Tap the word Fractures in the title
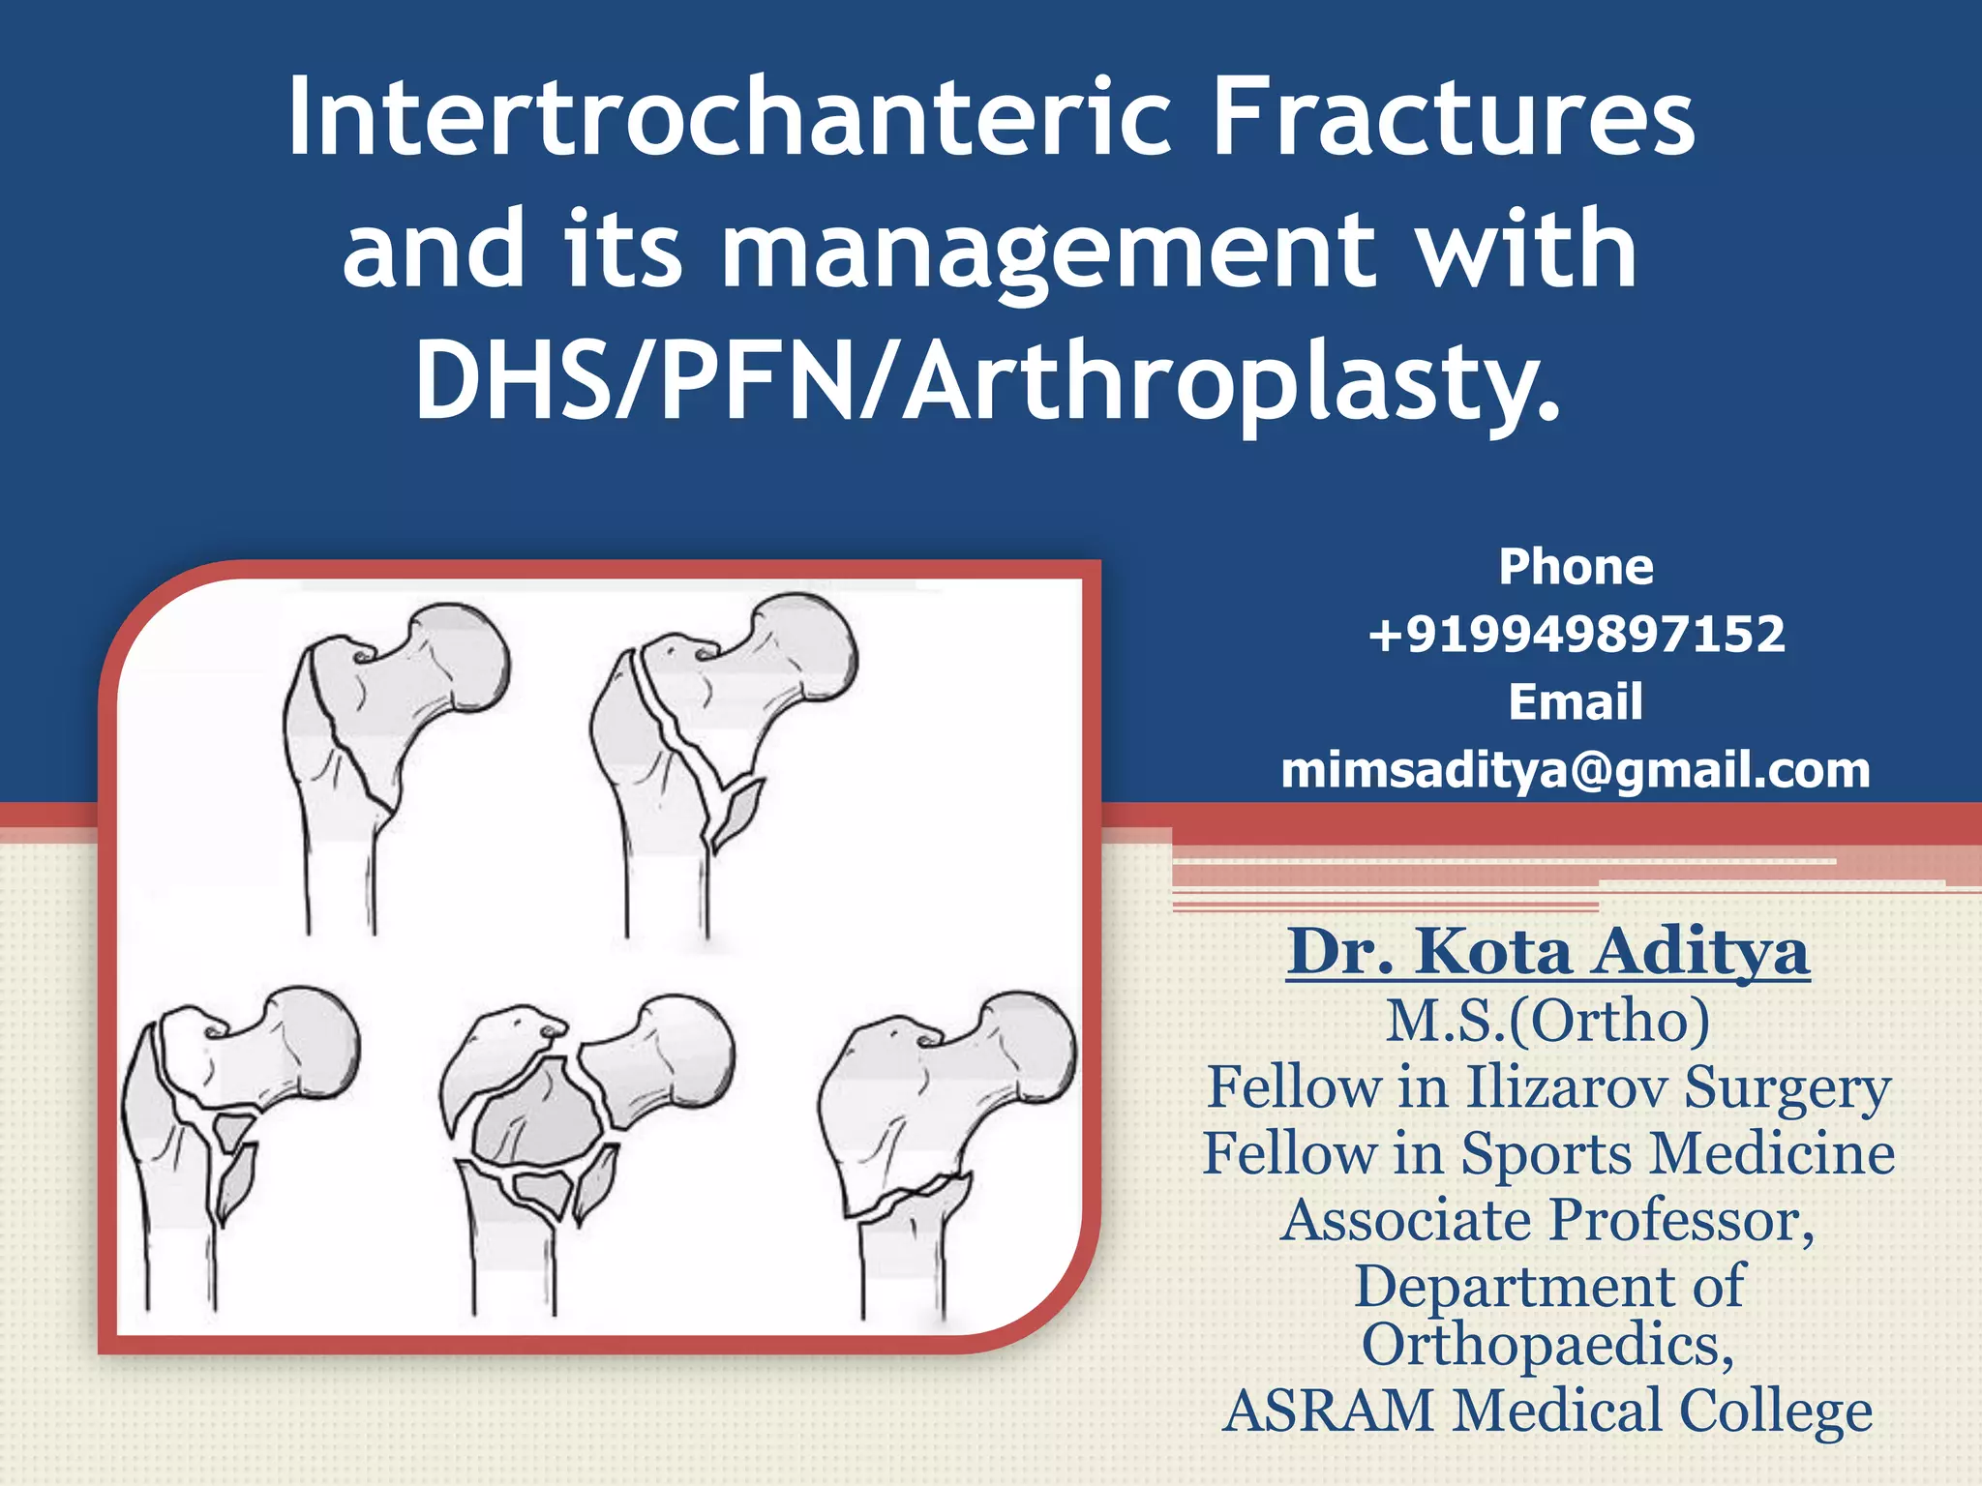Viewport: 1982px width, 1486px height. click(x=1452, y=118)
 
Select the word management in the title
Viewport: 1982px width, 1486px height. click(x=1050, y=252)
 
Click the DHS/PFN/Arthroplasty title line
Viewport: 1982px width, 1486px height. click(x=987, y=382)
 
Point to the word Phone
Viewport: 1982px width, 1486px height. click(x=1576, y=567)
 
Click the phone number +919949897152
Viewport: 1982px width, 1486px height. click(x=1576, y=635)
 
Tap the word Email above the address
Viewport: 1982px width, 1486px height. click(x=1576, y=702)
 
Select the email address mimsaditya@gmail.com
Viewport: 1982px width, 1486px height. click(x=1576, y=771)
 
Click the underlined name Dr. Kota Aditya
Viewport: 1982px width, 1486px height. click(x=1547, y=953)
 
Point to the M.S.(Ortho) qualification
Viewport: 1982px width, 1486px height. click(x=1547, y=1021)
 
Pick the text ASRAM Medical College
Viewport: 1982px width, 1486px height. click(x=1547, y=1411)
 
